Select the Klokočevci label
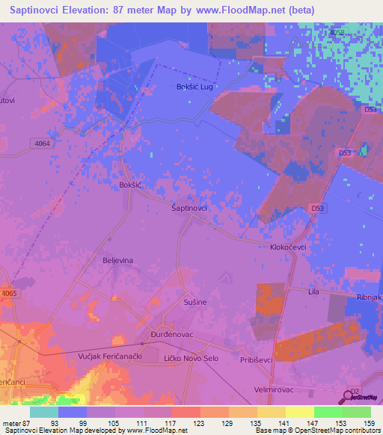click(x=289, y=246)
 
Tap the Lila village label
click(x=314, y=291)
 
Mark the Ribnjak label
click(x=370, y=297)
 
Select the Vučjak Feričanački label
click(x=110, y=358)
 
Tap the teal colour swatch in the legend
click(x=44, y=412)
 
